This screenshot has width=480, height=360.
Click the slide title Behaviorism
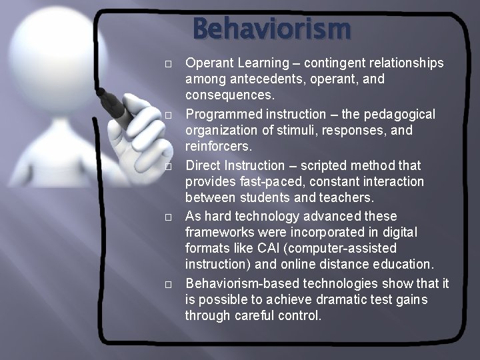pos(272,29)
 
